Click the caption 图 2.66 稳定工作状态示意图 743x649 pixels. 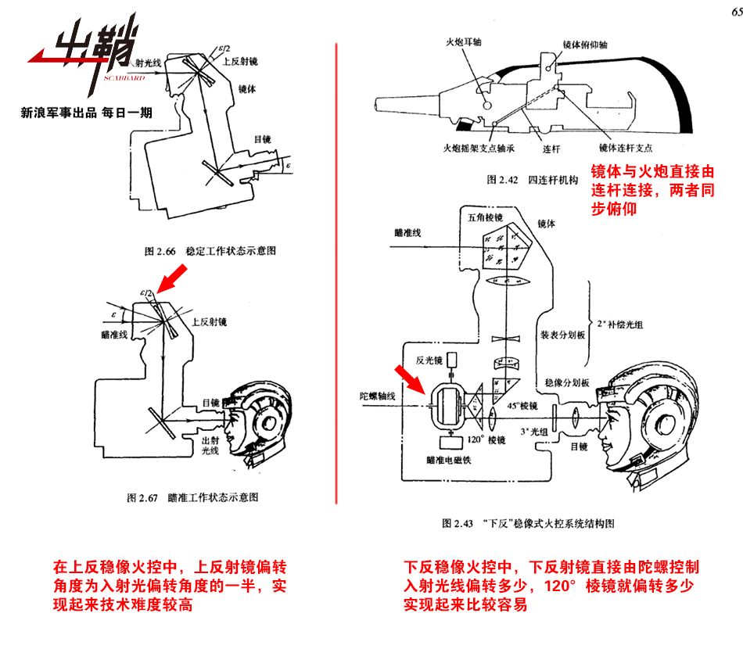[x=210, y=252]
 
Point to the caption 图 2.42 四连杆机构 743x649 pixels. [x=531, y=181]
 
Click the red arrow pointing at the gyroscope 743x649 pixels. [x=411, y=378]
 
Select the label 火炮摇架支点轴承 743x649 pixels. [x=478, y=146]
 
